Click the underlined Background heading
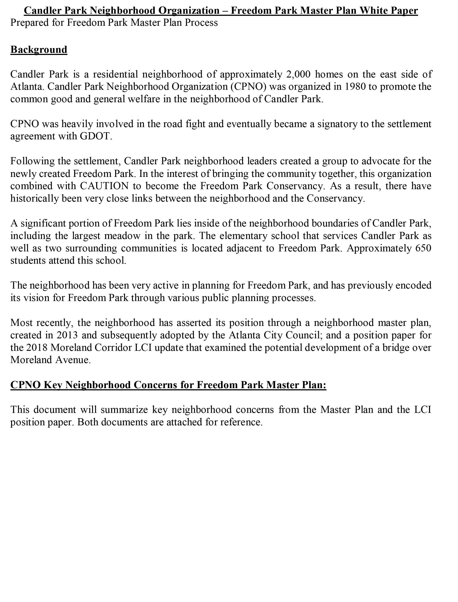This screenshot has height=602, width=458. tap(39, 50)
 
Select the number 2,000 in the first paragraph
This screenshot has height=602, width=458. tap(298, 74)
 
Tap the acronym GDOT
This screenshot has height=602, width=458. tap(96, 136)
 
